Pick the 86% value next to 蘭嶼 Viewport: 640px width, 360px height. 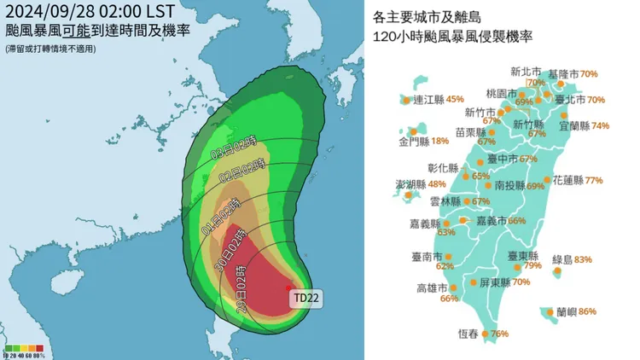587,312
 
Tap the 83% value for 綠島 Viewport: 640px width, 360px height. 584,259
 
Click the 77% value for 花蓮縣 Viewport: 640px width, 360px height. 594,181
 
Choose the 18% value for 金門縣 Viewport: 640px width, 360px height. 440,142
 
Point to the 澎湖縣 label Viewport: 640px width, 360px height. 410,184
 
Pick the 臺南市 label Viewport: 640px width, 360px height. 427,255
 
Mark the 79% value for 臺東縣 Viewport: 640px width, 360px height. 533,265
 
